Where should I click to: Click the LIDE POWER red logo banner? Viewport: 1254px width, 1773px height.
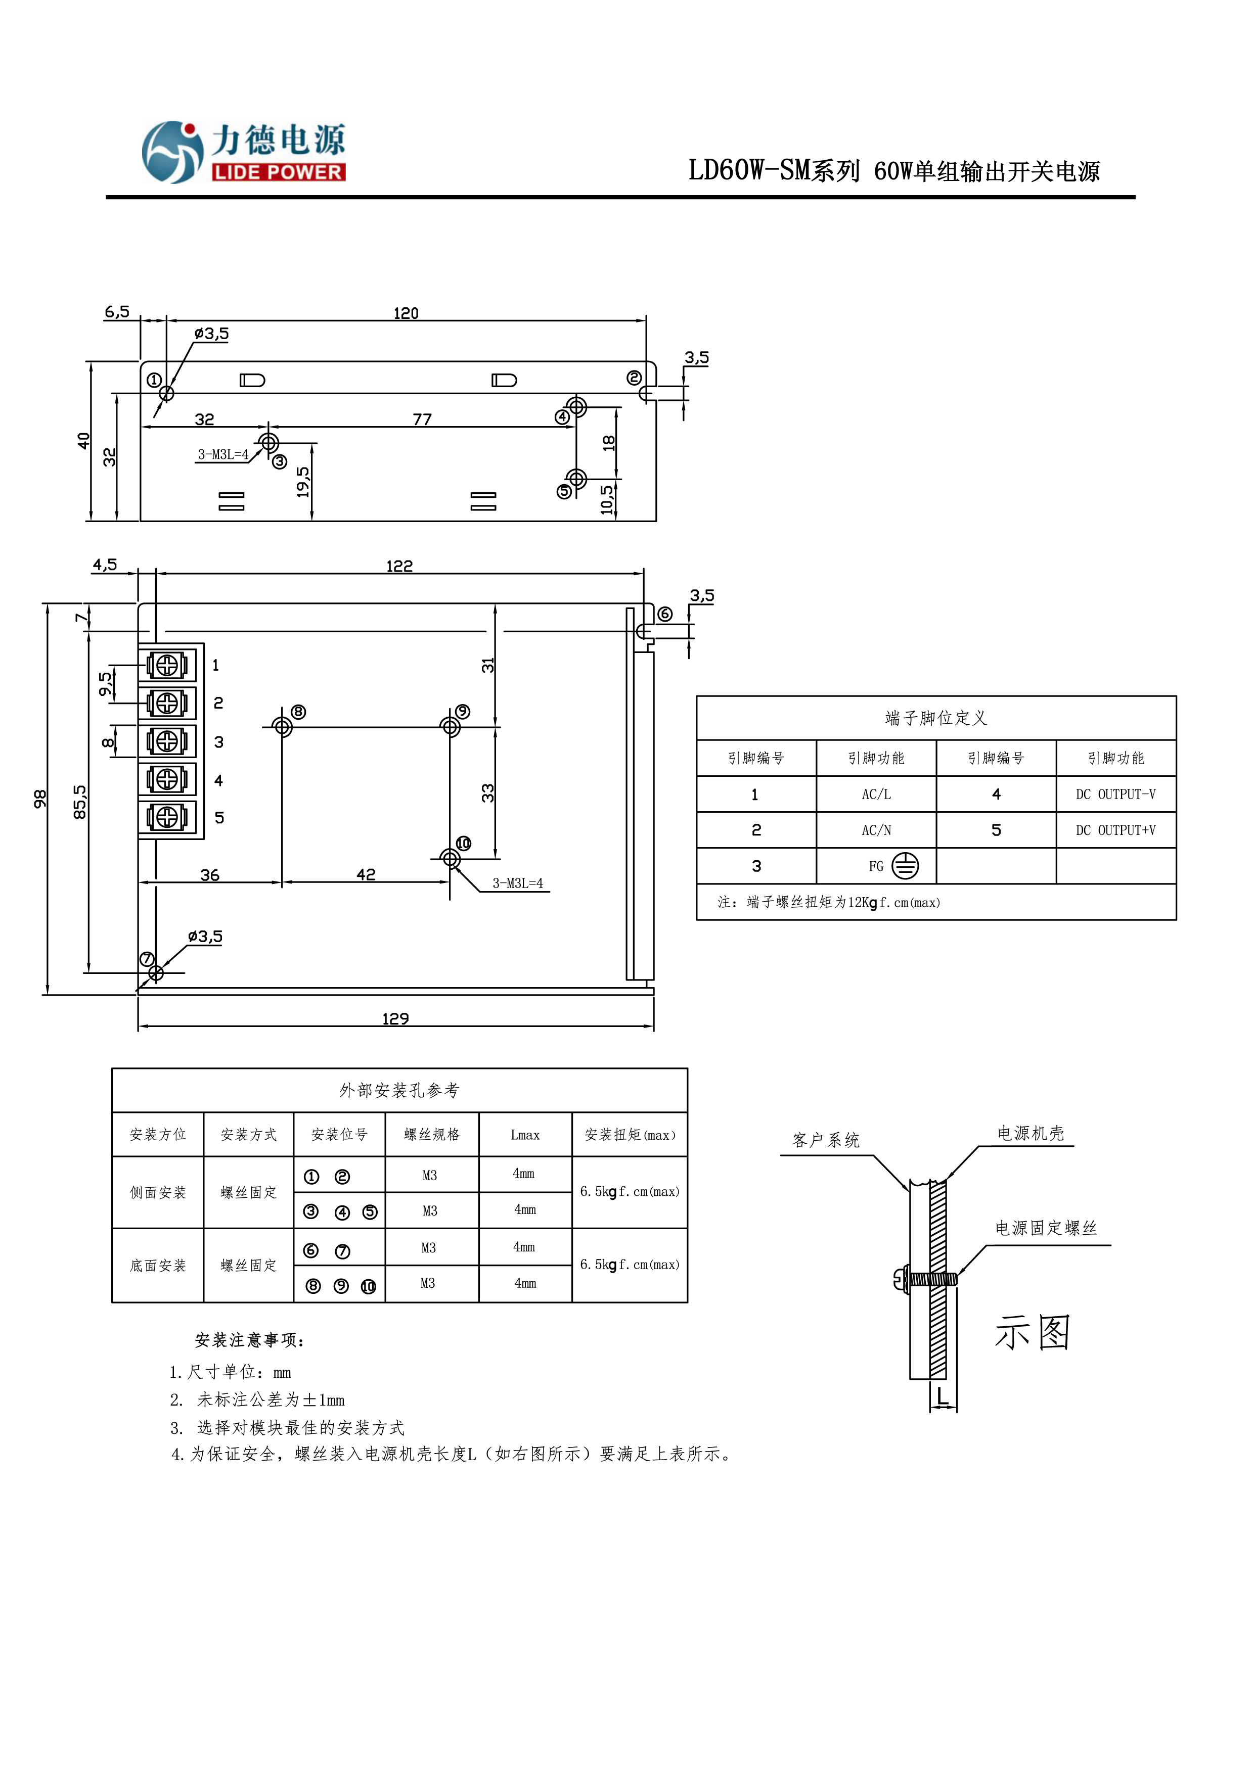click(x=278, y=172)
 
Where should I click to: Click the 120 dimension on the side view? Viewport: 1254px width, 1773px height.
click(x=406, y=313)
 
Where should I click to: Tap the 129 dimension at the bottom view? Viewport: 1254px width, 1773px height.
click(x=395, y=1019)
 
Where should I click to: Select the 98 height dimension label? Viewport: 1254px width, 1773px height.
click(x=40, y=799)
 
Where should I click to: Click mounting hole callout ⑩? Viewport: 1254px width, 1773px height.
click(x=464, y=843)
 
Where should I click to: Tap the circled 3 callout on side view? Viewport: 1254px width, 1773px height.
click(x=280, y=462)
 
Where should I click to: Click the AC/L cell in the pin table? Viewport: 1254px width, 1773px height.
click(x=876, y=795)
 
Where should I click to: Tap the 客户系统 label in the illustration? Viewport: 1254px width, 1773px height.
click(x=826, y=1141)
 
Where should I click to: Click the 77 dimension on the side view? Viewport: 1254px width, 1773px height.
click(x=422, y=419)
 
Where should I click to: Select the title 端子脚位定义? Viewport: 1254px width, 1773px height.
click(x=935, y=719)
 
